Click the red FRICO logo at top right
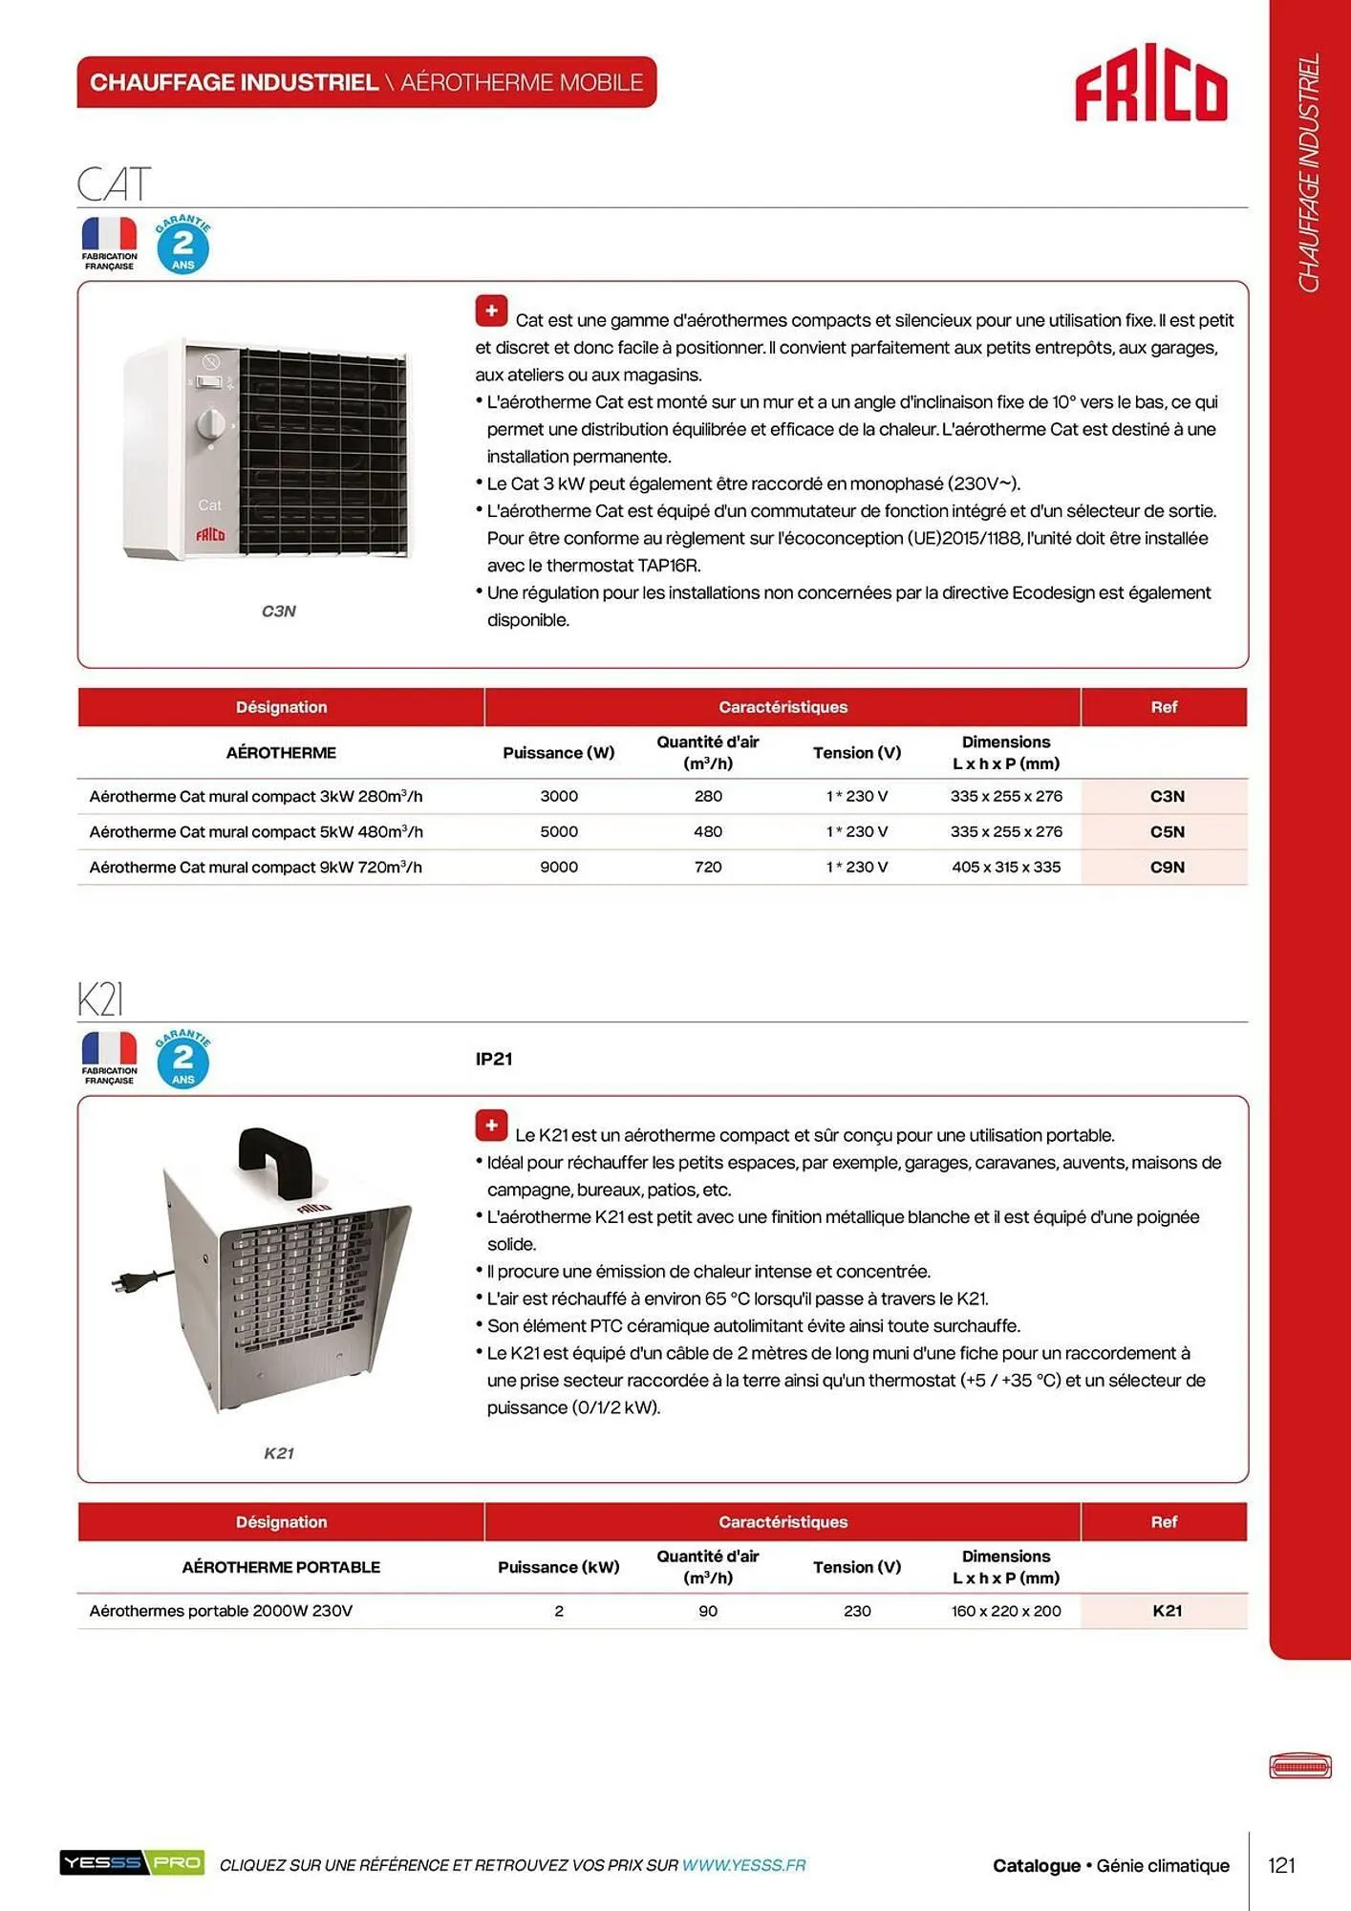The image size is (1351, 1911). click(x=1150, y=83)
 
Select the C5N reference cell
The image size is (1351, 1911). click(x=1167, y=831)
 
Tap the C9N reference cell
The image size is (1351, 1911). click(x=1167, y=867)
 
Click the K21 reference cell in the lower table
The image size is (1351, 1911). click(x=1167, y=1610)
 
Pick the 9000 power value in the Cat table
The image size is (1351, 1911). click(x=559, y=867)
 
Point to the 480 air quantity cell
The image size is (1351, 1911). click(x=708, y=831)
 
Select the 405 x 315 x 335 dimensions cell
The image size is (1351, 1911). click(x=1006, y=867)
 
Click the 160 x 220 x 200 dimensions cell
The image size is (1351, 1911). click(x=1006, y=1610)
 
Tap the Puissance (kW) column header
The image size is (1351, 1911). click(x=559, y=1567)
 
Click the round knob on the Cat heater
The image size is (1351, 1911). click(x=210, y=423)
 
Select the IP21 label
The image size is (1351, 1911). click(x=494, y=1059)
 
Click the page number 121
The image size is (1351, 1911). click(x=1281, y=1865)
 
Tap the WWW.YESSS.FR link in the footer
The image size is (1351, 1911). click(x=743, y=1865)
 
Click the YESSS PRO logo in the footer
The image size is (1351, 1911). click(x=132, y=1862)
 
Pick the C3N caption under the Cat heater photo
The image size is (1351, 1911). click(x=279, y=611)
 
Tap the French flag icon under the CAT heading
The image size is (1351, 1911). click(x=109, y=235)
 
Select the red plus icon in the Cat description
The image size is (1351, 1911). click(x=491, y=311)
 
